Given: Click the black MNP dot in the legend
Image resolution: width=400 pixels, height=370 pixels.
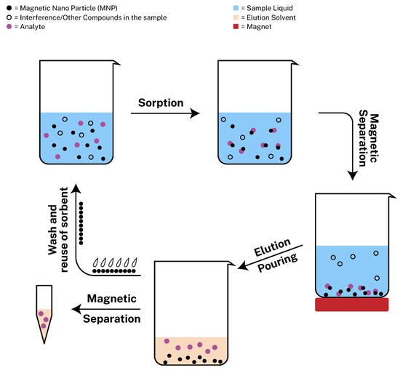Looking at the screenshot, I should pyautogui.click(x=7, y=7).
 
